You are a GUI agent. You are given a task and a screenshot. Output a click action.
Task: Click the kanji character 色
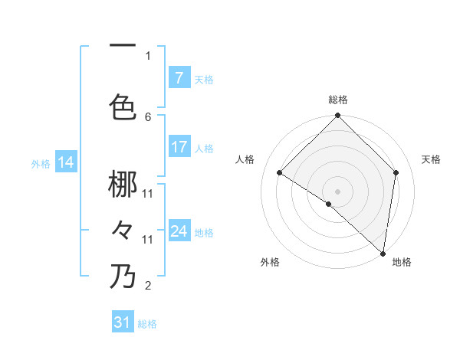coord(123,106)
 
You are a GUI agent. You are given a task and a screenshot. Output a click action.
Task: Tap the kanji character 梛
coord(123,184)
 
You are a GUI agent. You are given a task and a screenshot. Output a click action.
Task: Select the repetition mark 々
coord(123,229)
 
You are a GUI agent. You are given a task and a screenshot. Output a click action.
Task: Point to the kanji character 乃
coord(123,277)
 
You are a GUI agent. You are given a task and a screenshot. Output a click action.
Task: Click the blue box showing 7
coord(179,77)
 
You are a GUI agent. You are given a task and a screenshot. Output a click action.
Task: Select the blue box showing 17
coord(179,147)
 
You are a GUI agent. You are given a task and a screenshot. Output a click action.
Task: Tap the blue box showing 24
coord(179,231)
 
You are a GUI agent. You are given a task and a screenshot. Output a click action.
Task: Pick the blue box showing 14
coord(66,162)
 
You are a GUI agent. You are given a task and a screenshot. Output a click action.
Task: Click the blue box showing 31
coord(123,322)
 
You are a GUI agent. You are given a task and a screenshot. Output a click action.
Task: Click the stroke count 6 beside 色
coord(148,116)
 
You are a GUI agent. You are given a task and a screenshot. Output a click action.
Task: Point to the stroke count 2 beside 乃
coord(148,286)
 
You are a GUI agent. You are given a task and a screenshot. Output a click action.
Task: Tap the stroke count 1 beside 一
coord(148,55)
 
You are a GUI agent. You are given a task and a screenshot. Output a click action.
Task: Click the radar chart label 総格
coord(338,100)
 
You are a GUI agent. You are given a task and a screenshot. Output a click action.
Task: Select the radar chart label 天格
coord(432,159)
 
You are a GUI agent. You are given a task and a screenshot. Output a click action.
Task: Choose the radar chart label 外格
coord(270,262)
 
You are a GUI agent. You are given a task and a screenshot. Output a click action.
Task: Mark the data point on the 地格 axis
coord(383,253)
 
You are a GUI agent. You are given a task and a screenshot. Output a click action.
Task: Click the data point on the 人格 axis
coord(280,173)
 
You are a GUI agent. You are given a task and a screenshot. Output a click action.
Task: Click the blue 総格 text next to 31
coord(147,324)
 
